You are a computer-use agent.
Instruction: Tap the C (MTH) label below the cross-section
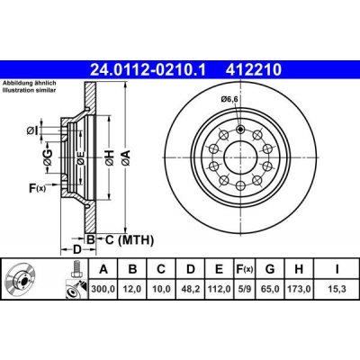coord(125,239)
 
